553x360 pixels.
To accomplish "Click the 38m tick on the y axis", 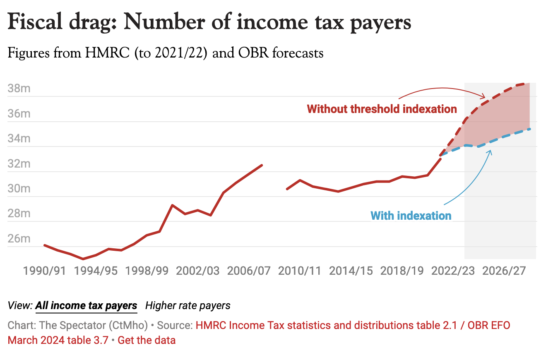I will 19,89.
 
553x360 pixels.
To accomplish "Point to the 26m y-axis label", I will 19,239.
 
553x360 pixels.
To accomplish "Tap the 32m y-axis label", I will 19,164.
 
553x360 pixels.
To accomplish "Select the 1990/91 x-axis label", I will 44,271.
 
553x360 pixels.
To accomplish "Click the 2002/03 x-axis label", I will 197,271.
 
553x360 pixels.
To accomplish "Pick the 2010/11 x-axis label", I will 300,271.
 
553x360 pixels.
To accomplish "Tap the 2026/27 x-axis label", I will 504,271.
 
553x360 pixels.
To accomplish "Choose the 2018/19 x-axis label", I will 402,271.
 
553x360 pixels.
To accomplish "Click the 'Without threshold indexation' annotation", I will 382,109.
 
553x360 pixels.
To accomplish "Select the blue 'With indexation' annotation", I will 411,216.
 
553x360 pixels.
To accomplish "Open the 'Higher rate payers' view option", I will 188,306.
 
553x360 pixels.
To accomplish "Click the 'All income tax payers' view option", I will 86,306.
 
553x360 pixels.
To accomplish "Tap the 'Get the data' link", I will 147,341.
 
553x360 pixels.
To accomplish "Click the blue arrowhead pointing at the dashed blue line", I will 490,151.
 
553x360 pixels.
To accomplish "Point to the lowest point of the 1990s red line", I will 83,259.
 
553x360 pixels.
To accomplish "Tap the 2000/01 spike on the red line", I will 172,205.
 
